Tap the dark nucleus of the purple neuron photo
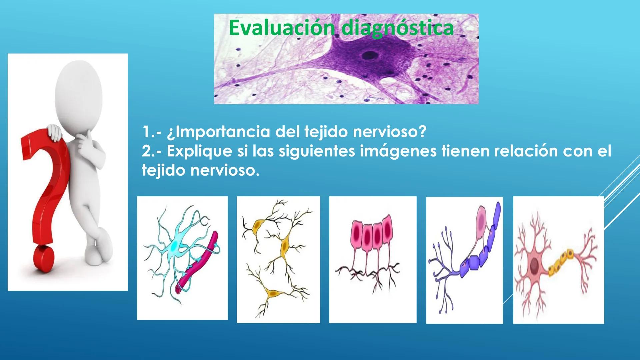click(x=368, y=55)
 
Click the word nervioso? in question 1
click(x=389, y=132)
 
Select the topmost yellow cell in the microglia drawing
click(x=257, y=226)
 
